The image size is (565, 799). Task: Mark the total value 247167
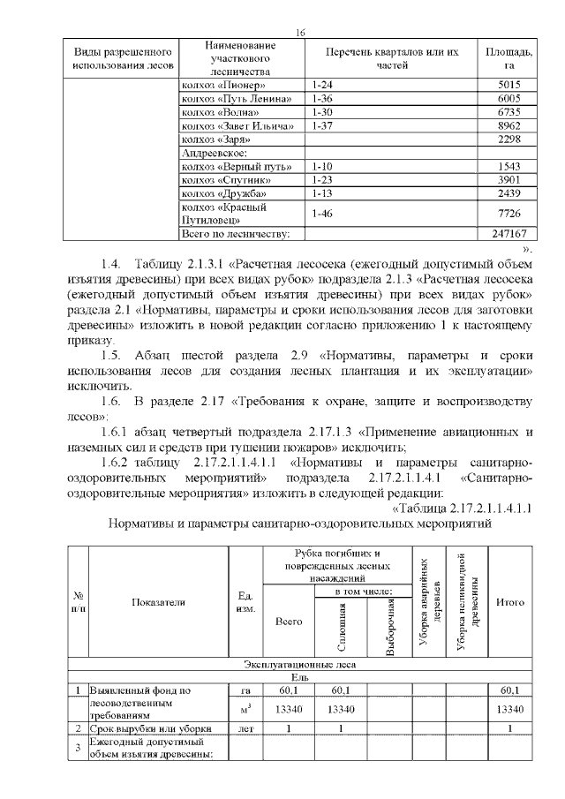coord(507,235)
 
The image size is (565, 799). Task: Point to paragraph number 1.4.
coord(110,265)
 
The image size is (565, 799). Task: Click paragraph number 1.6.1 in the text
coord(117,433)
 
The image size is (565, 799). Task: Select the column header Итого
coord(512,602)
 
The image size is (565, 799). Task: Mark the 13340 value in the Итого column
coord(512,710)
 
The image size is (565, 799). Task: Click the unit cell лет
coord(245,728)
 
